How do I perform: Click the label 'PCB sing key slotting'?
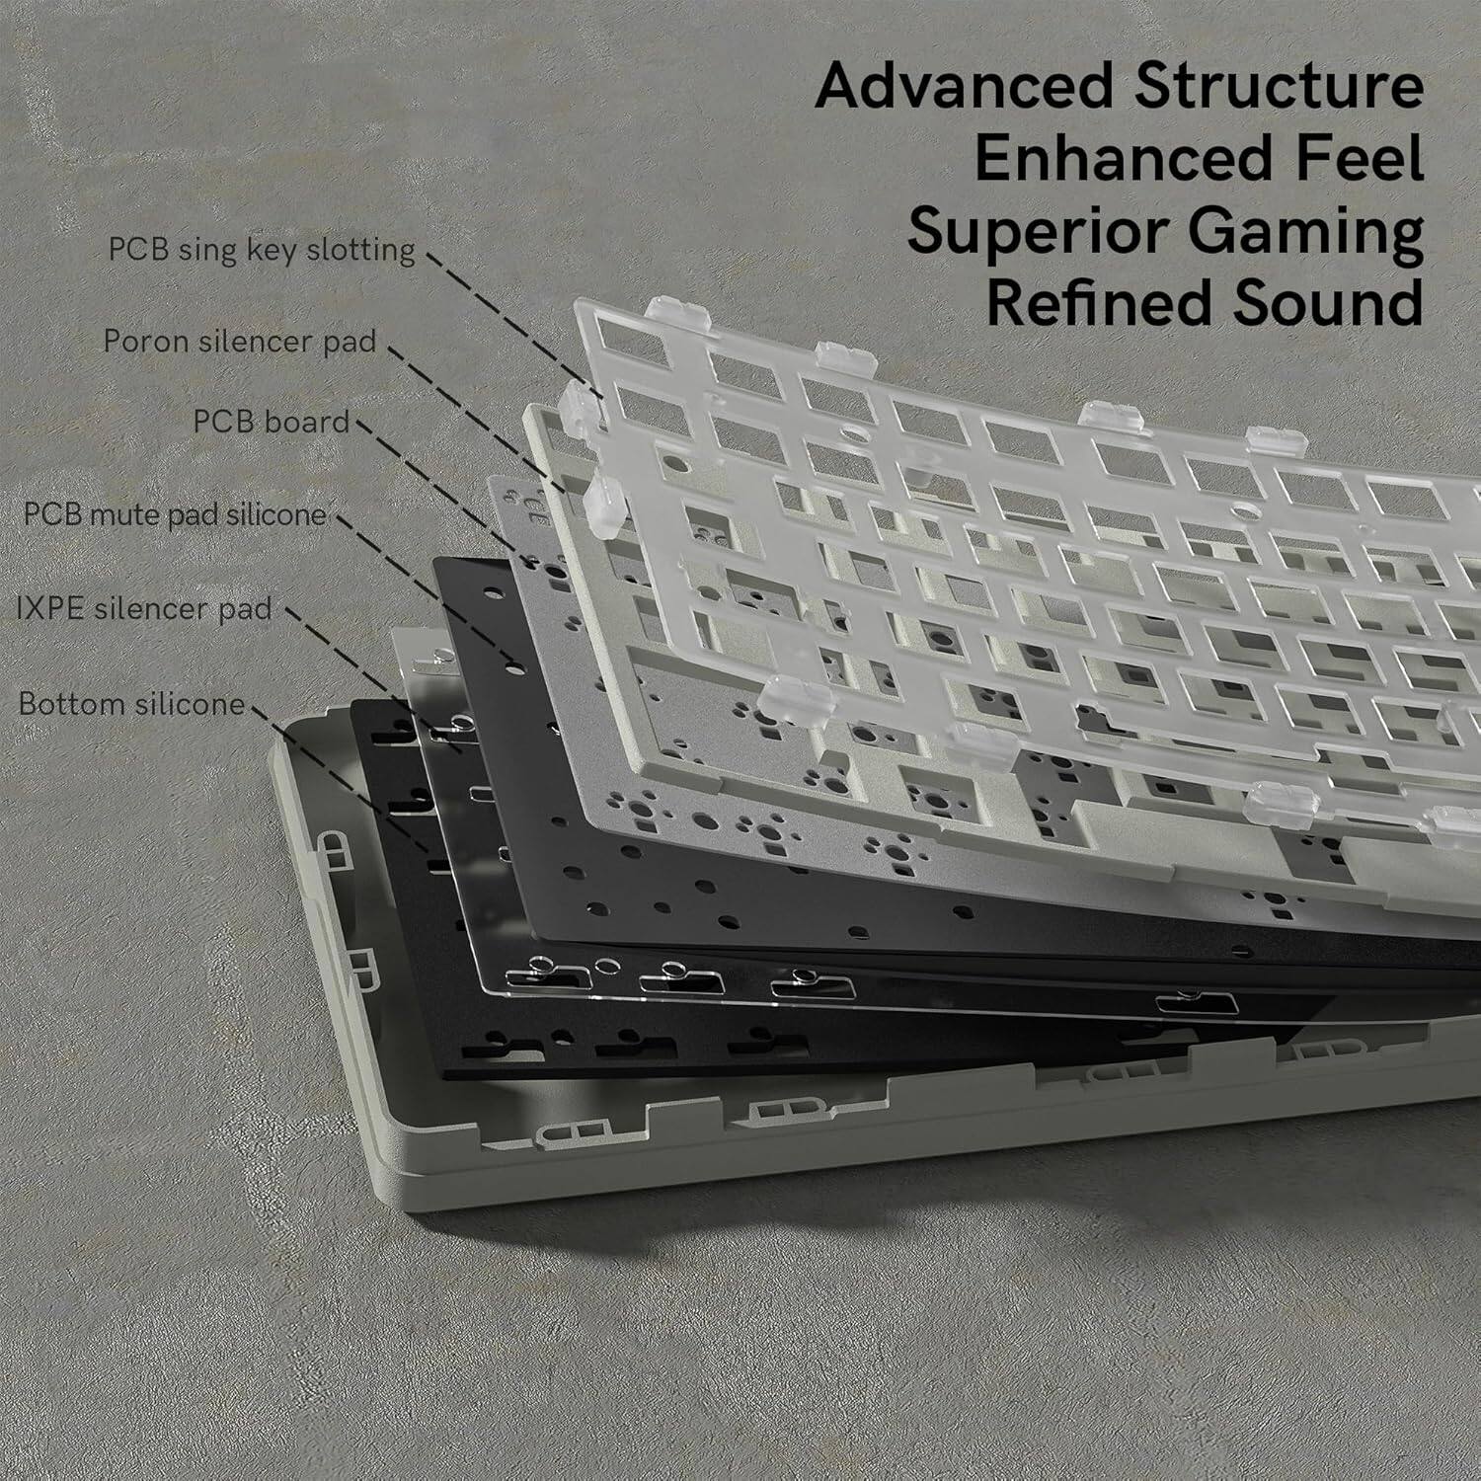pos(262,250)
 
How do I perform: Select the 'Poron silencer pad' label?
pos(240,342)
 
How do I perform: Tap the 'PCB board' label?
pos(272,422)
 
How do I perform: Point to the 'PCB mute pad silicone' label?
pos(175,514)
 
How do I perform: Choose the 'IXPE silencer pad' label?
pos(144,608)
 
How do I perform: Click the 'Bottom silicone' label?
pos(131,704)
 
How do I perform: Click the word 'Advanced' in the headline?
pos(964,87)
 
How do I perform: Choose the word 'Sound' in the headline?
pos(1333,303)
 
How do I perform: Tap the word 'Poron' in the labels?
pos(147,342)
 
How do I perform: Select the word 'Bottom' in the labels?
pos(73,704)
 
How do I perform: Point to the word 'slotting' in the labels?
pos(360,250)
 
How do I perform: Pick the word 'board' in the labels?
pos(308,422)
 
